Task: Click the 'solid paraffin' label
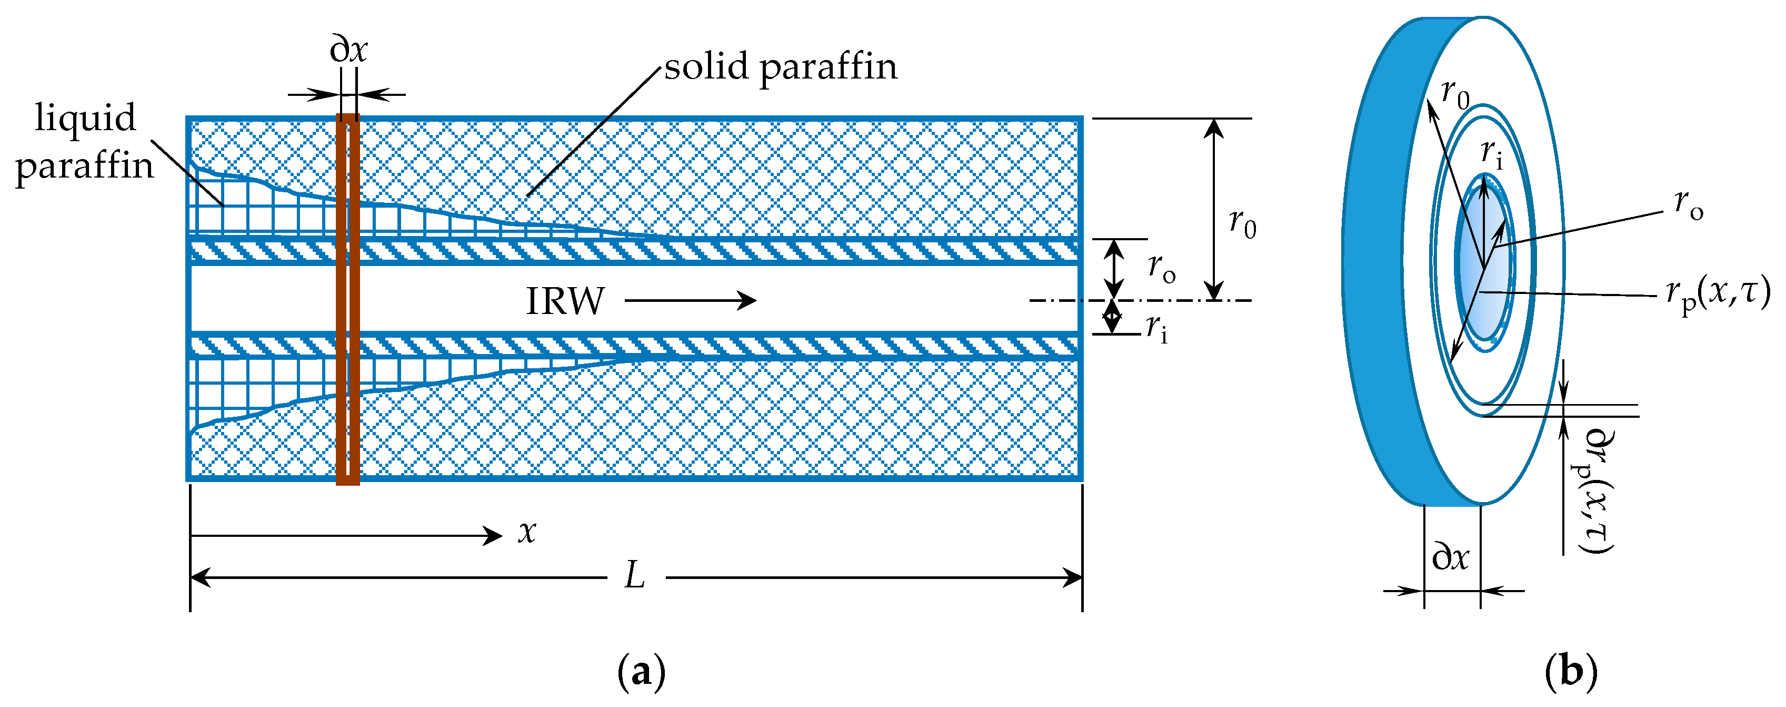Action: click(780, 67)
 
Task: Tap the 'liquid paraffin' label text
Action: click(85, 142)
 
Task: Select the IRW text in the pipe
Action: click(565, 301)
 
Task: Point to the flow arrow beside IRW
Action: click(690, 300)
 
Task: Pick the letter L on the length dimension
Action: click(634, 576)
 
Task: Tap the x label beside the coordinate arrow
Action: click(527, 532)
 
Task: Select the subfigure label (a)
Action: click(641, 672)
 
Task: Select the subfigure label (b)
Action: click(1571, 672)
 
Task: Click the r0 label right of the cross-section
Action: click(1242, 223)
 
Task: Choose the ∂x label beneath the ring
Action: click(1450, 557)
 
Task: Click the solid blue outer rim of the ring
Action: click(1383, 263)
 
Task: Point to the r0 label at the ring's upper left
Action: click(1454, 94)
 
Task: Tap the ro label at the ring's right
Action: click(1688, 203)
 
